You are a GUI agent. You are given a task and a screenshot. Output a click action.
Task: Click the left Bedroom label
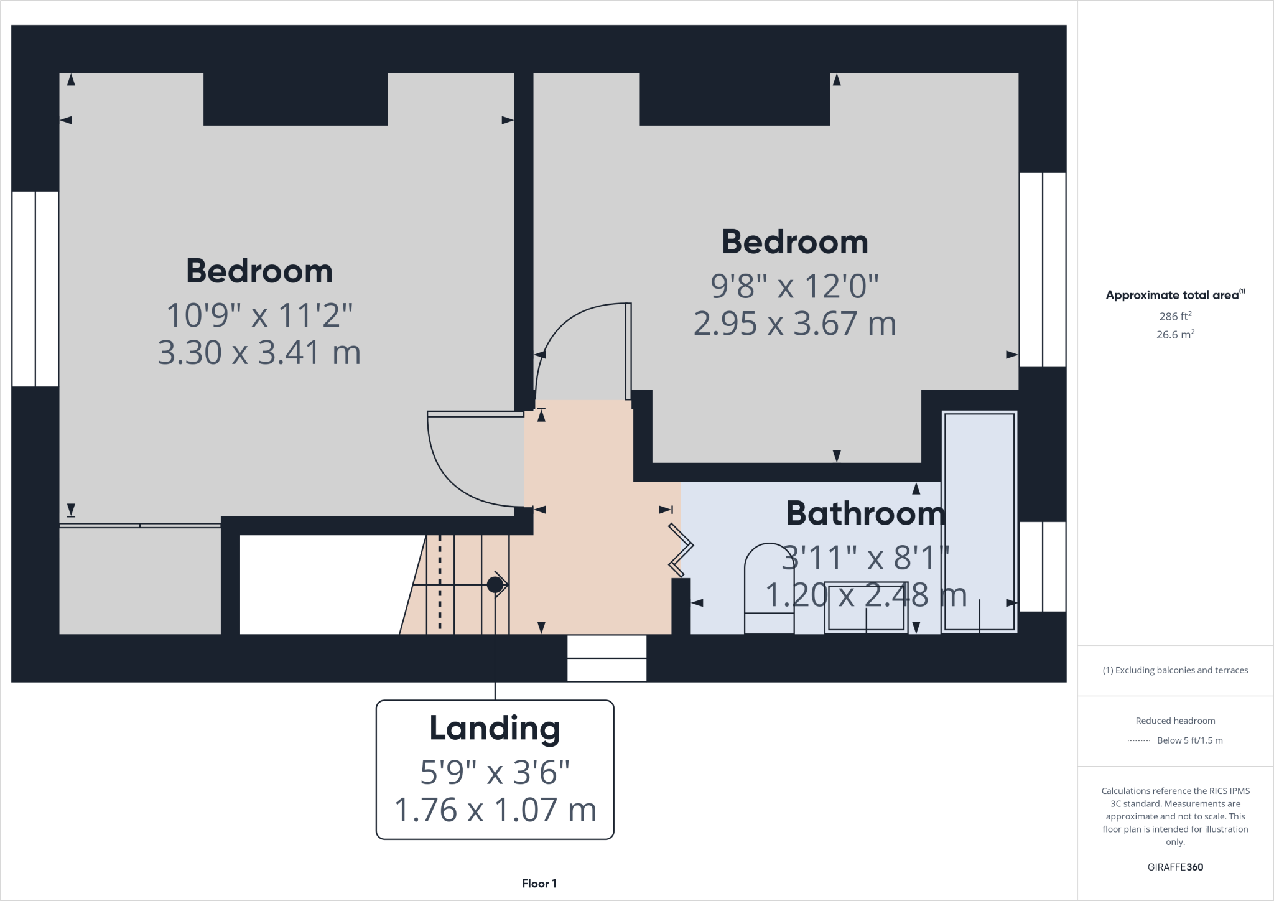(259, 271)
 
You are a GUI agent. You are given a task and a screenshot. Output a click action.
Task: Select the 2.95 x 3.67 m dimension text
(794, 324)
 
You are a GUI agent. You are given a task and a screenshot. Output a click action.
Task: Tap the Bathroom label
(865, 513)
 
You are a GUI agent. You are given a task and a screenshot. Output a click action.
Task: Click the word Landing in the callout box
(495, 728)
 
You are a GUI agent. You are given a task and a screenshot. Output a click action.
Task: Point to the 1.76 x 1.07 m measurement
(495, 810)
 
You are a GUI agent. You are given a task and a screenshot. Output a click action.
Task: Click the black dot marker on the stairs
(495, 585)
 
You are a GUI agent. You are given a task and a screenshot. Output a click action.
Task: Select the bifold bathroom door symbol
(681, 549)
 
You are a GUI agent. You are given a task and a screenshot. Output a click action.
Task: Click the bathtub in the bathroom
(979, 521)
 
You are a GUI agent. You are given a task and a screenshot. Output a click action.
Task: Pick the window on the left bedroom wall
(35, 289)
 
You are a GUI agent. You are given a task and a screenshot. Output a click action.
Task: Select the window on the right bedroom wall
(1042, 269)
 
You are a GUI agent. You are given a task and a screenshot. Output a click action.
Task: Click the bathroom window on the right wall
(1042, 566)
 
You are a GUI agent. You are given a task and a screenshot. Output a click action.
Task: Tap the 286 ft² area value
(1174, 316)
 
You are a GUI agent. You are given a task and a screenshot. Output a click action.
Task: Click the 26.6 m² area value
(1174, 335)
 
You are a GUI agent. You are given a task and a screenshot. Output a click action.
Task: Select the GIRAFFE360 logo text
(1174, 867)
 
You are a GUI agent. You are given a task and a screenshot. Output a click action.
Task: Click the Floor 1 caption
(539, 884)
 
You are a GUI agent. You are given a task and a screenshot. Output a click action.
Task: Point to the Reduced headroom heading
(1174, 721)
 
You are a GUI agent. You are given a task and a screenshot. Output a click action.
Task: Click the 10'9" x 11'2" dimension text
(259, 315)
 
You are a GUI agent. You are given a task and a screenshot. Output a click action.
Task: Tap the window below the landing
(607, 658)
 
